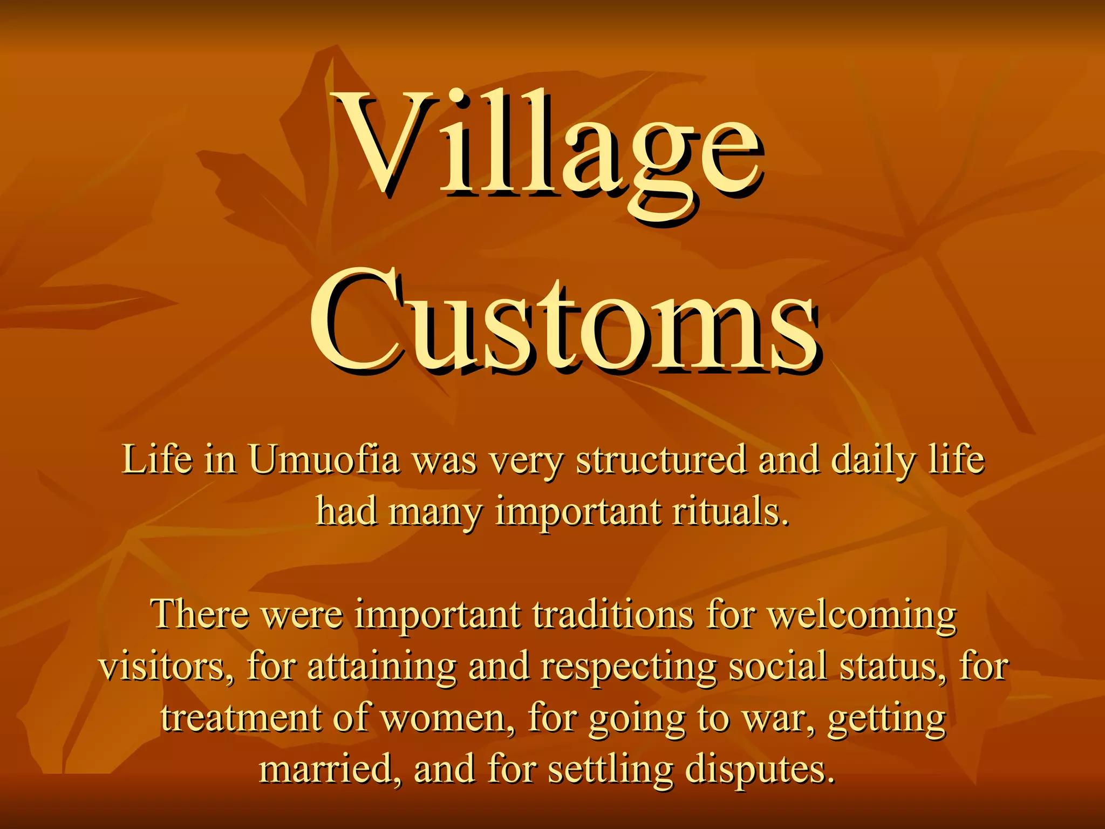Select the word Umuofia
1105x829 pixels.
click(324, 460)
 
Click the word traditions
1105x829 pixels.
click(613, 615)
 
